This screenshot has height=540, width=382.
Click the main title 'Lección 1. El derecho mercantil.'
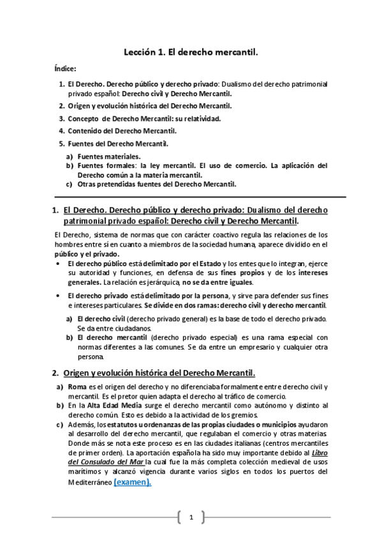[191, 55]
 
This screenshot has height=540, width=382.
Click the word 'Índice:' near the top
[66, 69]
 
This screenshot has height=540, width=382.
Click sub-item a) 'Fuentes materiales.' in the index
[109, 156]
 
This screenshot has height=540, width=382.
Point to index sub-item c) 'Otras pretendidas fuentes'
[156, 185]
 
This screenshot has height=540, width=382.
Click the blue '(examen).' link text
[133, 483]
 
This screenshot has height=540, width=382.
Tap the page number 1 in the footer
[191, 517]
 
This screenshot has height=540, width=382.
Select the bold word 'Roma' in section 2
[77, 387]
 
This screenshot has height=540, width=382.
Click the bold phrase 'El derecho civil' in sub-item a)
[101, 318]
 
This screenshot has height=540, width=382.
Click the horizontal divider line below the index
[191, 197]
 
